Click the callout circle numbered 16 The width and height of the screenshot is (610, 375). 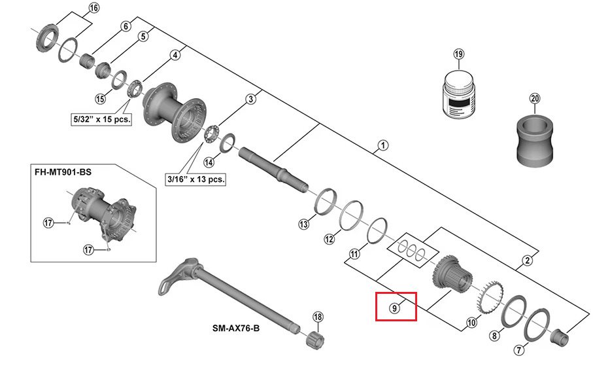[x=93, y=9]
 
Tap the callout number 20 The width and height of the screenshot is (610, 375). [x=535, y=99]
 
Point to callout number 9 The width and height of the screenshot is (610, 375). [x=395, y=307]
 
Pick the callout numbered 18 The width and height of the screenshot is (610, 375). [x=318, y=317]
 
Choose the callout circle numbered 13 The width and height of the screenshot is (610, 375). [x=303, y=224]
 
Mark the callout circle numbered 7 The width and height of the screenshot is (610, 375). [x=518, y=350]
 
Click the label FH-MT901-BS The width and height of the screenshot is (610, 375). [x=63, y=171]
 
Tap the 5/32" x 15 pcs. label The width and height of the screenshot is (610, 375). [x=101, y=120]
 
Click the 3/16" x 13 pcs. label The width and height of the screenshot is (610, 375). [x=195, y=179]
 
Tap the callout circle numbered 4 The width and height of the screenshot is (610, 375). [x=175, y=56]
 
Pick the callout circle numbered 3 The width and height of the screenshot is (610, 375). [x=250, y=99]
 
